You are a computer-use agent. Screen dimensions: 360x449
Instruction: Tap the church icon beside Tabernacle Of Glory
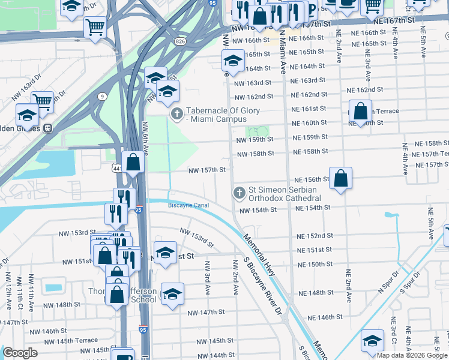click(177, 113)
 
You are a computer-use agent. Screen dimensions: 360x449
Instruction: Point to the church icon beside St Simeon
click(239, 193)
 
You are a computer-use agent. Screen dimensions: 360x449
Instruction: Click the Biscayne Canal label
click(188, 205)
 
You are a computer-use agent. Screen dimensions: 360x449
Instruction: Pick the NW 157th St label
click(206, 170)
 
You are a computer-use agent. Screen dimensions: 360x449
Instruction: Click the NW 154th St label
click(258, 210)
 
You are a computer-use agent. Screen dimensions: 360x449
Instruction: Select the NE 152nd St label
click(314, 236)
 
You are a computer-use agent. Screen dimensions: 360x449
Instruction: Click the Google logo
click(20, 353)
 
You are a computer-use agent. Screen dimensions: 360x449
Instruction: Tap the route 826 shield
click(180, 41)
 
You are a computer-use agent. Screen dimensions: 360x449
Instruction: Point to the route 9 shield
click(103, 96)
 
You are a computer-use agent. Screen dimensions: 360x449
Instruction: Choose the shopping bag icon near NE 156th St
click(340, 178)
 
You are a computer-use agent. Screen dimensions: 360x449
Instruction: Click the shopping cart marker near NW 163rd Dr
click(42, 101)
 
